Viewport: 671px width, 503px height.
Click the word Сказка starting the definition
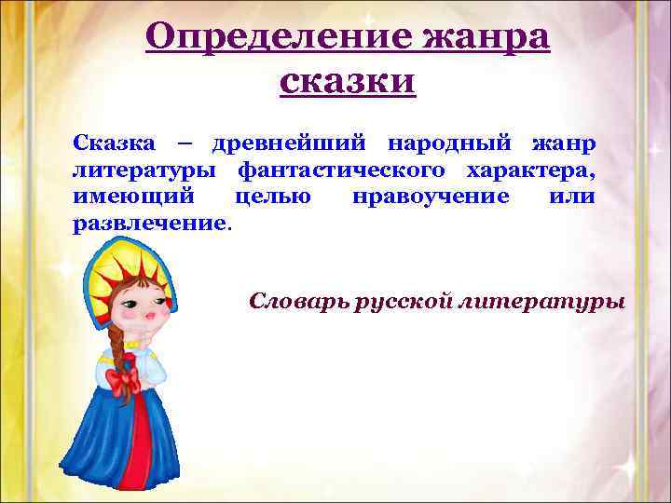(113, 145)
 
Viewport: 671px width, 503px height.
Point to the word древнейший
(290, 145)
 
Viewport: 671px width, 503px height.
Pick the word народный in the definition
(448, 145)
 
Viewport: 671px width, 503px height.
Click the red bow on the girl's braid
(121, 380)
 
